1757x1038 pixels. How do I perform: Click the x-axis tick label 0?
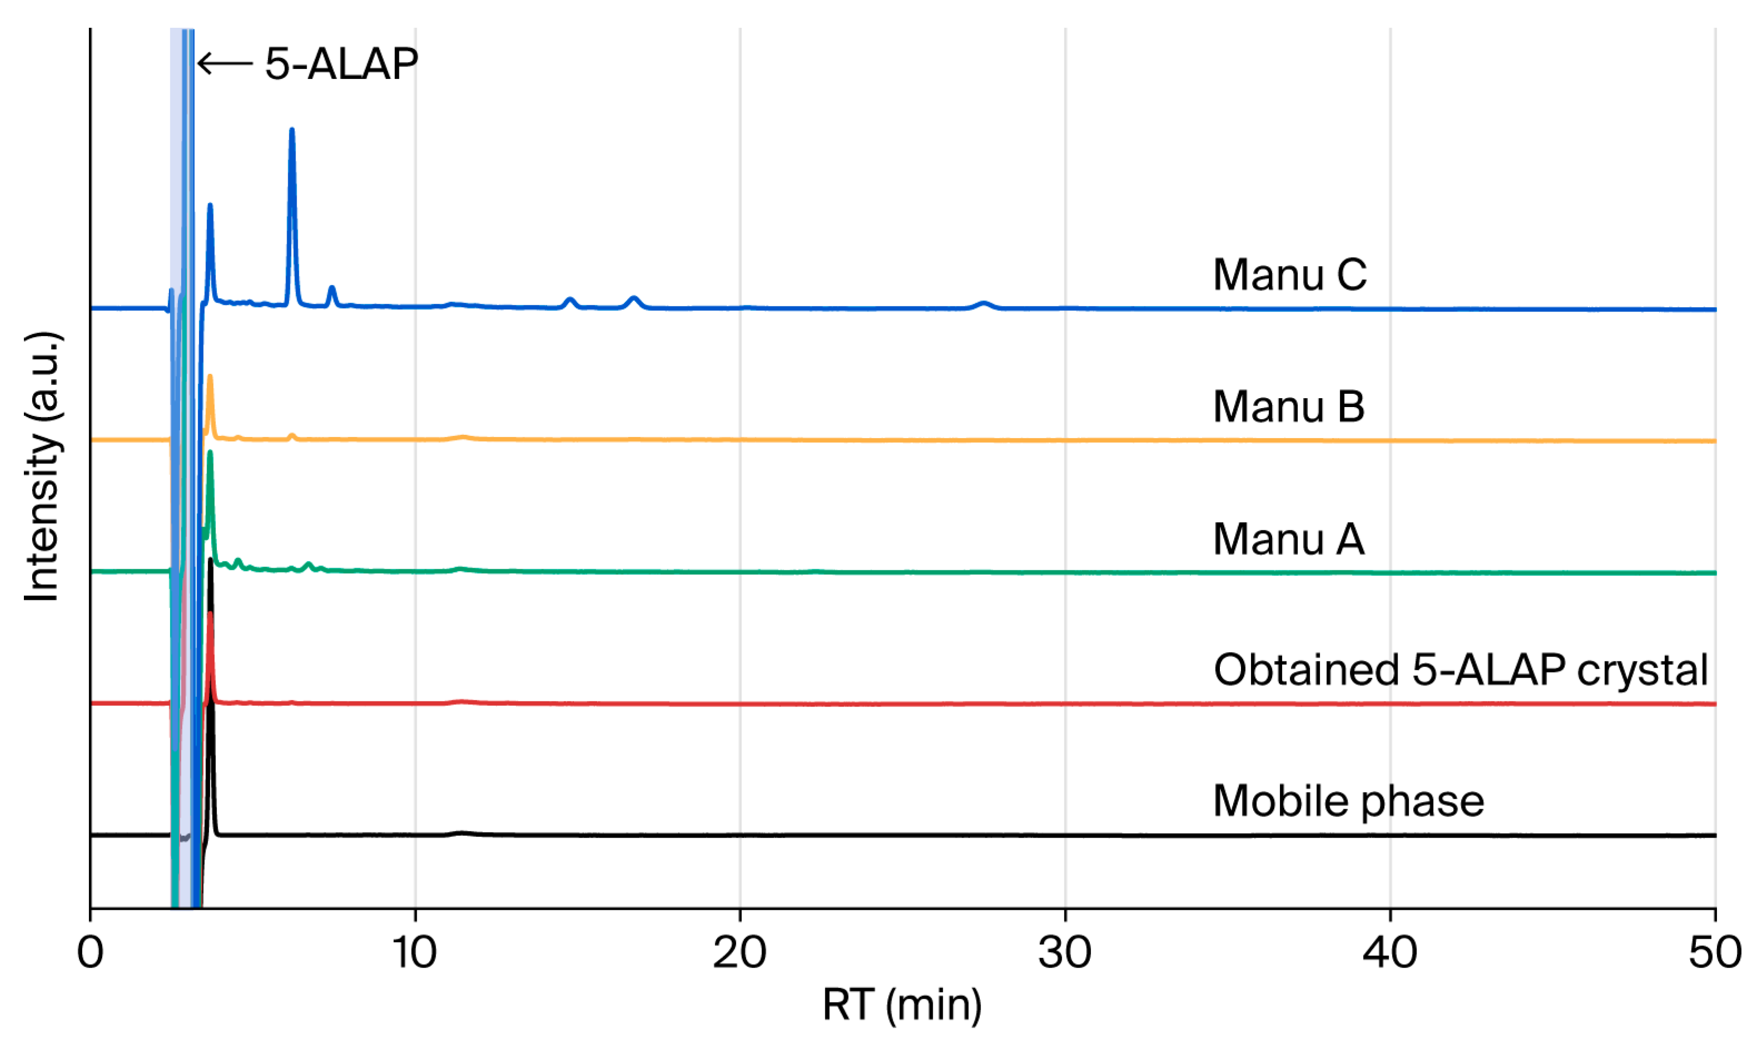tap(90, 952)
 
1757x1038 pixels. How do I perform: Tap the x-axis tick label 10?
tap(415, 952)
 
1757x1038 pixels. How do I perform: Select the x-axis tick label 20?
tap(739, 952)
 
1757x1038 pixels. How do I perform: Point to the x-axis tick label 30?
tap(1064, 952)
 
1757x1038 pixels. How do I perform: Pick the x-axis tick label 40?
tap(1390, 952)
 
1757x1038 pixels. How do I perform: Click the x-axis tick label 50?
tap(1715, 952)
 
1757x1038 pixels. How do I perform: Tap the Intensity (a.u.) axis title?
tap(42, 467)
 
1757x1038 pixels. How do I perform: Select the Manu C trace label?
tap(1290, 274)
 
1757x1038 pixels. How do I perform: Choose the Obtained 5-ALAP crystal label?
tap(1461, 671)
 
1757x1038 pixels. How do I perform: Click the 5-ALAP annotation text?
tap(341, 64)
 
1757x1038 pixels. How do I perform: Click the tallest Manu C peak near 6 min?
tap(292, 130)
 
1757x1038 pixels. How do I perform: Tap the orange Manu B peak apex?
tap(209, 377)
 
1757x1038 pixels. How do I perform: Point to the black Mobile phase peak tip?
tap(210, 560)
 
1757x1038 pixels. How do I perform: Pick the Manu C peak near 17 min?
tap(634, 299)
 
